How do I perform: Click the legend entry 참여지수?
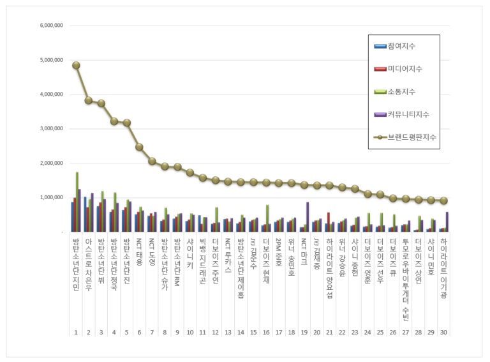pos(401,46)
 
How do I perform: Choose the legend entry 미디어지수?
pos(405,69)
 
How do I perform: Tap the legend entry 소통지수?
pos(401,92)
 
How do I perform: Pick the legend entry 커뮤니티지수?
pos(408,114)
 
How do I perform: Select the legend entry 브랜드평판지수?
pos(411,137)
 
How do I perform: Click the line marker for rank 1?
pos(76,65)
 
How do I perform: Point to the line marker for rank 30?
pos(442,200)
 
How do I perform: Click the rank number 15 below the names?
pos(253,333)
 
